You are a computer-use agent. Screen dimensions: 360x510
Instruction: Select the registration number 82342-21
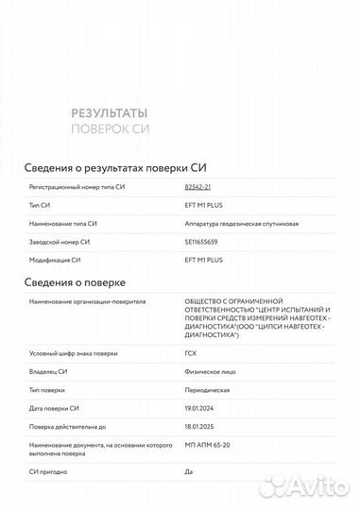(x=198, y=188)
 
